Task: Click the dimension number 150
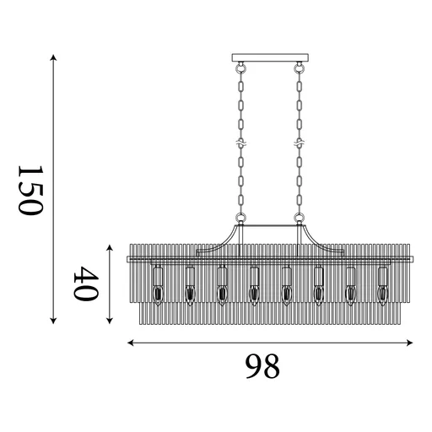30,190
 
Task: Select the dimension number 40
86,283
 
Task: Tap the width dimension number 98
262,366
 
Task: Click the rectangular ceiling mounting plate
270,57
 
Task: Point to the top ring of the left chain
240,67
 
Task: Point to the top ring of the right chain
300,67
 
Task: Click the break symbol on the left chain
240,143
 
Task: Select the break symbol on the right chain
300,143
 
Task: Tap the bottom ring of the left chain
240,218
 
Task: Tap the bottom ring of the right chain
300,218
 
